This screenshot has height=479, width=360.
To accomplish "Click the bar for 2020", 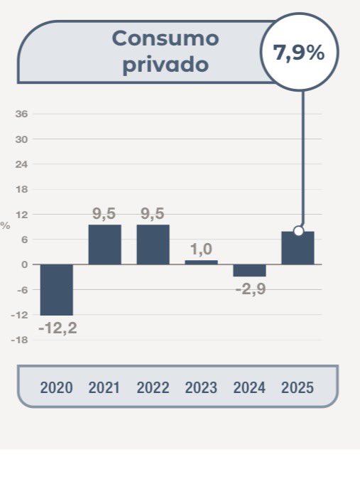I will (57, 289).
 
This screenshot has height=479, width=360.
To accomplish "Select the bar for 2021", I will (104, 244).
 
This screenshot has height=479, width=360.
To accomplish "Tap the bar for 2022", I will (153, 244).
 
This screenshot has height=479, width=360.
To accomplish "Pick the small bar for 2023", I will (201, 262).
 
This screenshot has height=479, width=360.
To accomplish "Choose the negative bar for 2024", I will (249, 270).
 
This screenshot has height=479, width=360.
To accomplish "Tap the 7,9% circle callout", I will (299, 53).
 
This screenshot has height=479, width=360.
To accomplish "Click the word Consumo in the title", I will (165, 38).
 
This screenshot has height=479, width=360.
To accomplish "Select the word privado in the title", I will (165, 64).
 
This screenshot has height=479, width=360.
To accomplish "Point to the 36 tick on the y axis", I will (21, 114).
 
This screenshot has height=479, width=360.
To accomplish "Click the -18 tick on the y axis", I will (20, 340).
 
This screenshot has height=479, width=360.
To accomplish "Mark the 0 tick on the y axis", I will (24, 264).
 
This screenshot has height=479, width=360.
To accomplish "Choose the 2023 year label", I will (201, 388).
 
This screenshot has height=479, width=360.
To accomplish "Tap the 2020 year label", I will (57, 388).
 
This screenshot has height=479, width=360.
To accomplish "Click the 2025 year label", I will (298, 388).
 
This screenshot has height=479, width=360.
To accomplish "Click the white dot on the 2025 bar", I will (299, 230).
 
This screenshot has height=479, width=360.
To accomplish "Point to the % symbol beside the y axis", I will (6, 226).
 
